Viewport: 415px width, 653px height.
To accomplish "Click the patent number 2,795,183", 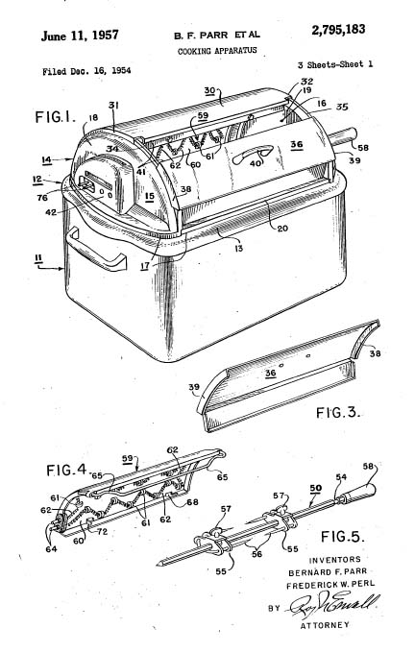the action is click(338, 30).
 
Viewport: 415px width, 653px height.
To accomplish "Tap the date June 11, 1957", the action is click(80, 36).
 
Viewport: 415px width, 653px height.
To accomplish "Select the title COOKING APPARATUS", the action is click(217, 51).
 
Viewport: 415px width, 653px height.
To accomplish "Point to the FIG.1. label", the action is click(56, 117).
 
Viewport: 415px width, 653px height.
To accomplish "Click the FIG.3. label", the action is click(337, 413).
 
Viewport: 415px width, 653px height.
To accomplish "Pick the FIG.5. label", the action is click(343, 537).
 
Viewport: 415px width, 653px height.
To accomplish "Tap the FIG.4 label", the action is click(66, 471).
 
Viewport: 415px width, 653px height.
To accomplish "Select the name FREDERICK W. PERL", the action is click(330, 585).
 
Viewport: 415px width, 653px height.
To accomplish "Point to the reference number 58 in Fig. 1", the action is click(362, 148).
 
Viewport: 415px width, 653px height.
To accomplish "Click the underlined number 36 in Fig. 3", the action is click(271, 373).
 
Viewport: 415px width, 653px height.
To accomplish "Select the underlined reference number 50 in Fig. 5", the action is click(315, 488).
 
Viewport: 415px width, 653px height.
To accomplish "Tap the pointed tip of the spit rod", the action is click(158, 565).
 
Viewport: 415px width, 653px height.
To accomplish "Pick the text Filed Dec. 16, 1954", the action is click(86, 71).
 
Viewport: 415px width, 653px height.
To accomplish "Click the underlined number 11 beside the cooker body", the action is click(38, 258).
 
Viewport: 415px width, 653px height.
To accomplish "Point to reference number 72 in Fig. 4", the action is click(102, 532).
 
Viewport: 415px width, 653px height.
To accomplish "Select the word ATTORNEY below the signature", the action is click(326, 625).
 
